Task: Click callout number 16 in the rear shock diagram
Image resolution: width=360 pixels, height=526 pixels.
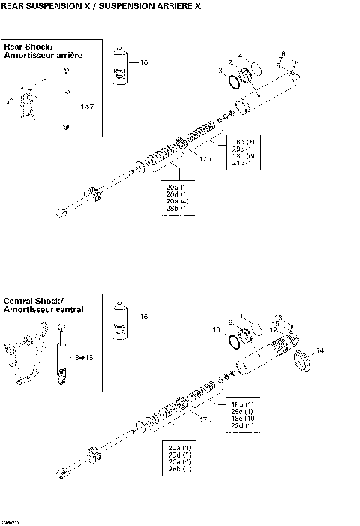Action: tap(144, 62)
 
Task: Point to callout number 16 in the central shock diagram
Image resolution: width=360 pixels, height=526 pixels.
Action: tap(144, 317)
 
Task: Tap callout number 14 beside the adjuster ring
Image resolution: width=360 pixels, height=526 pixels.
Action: tap(320, 350)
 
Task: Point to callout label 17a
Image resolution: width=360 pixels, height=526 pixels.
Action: tap(205, 158)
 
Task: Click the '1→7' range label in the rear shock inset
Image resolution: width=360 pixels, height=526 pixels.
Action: tap(87, 107)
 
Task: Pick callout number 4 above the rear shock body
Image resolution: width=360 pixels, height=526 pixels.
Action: tap(240, 56)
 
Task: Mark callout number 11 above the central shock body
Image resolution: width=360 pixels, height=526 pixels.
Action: tap(239, 315)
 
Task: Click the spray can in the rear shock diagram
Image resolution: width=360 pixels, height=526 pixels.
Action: tap(119, 64)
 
